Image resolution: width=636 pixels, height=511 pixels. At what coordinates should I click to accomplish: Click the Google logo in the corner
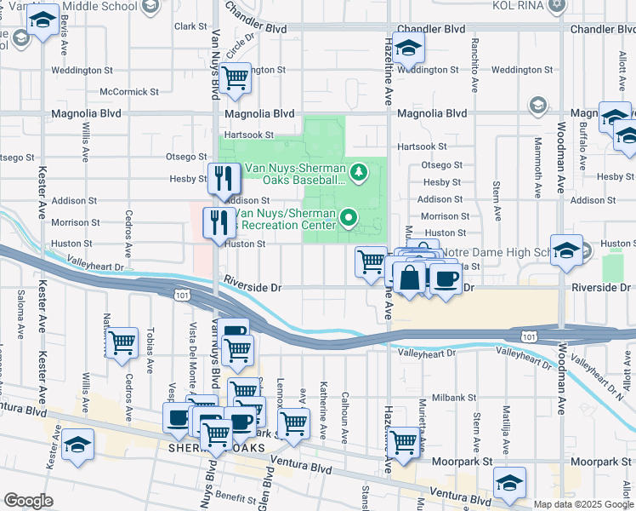tap(28, 501)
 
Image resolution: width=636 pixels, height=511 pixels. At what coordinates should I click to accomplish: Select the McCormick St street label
tap(129, 91)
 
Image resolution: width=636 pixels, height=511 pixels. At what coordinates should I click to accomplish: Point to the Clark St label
tap(185, 26)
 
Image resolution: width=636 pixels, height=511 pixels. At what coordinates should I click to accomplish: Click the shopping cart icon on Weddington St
tap(236, 78)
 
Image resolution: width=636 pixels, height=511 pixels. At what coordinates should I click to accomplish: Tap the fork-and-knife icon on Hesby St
tap(224, 178)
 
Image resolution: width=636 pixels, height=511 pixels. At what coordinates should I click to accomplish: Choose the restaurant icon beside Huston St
tap(219, 223)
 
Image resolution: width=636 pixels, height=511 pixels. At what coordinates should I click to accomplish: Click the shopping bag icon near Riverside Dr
tap(409, 278)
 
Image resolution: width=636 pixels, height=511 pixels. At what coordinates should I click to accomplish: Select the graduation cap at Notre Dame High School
tap(566, 250)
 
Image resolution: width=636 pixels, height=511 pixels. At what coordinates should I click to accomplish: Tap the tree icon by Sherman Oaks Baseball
tap(359, 174)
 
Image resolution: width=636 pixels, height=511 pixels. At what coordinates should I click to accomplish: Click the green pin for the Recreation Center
tap(349, 219)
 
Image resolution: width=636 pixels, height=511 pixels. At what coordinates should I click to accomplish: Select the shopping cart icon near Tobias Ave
tap(122, 343)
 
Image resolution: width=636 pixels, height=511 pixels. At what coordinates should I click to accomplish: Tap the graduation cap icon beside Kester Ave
tap(78, 445)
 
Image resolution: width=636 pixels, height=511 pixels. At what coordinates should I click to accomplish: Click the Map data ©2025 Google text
tap(582, 503)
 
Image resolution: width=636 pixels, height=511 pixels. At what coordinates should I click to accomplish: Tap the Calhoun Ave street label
tap(345, 416)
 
